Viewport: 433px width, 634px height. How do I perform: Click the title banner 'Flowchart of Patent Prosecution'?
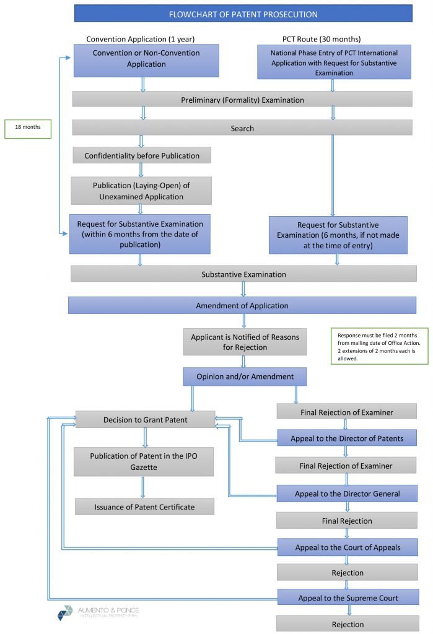coord(243,14)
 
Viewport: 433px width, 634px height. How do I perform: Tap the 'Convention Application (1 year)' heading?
coord(140,39)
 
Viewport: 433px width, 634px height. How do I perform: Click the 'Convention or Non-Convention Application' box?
coord(146,59)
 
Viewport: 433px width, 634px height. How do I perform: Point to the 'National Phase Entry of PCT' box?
coord(334,63)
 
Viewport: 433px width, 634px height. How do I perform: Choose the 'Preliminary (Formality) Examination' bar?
coord(242,100)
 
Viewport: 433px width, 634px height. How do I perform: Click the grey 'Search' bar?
coord(242,128)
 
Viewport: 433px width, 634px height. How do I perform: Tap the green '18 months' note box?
coord(27,128)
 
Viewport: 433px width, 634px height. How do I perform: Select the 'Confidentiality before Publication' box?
coord(142,156)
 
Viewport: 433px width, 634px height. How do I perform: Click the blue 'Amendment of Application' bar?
coord(242,305)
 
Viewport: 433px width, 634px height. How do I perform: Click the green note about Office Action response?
coord(379,346)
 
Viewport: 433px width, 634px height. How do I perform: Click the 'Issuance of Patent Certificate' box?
coord(144,506)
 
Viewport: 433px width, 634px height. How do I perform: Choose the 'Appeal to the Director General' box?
coord(347,493)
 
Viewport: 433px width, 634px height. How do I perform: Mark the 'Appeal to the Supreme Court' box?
coord(347,597)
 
